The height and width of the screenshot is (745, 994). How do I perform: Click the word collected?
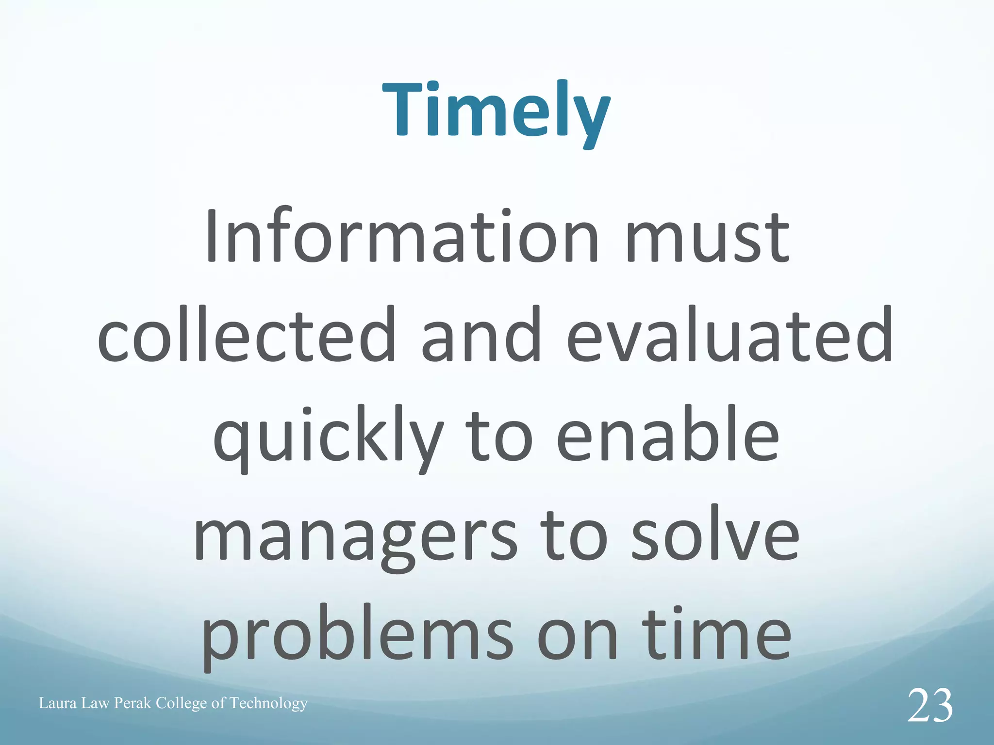point(247,335)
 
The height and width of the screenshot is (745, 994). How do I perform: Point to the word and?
point(481,335)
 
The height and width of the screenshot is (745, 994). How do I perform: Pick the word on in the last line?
point(578,635)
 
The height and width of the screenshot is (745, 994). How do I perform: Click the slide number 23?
point(929,706)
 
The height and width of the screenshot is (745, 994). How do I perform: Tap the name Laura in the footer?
point(58,703)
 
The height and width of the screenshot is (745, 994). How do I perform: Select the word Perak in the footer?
point(133,703)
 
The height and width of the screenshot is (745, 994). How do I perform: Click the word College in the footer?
point(182,703)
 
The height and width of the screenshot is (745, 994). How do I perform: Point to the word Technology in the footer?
point(268,703)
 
